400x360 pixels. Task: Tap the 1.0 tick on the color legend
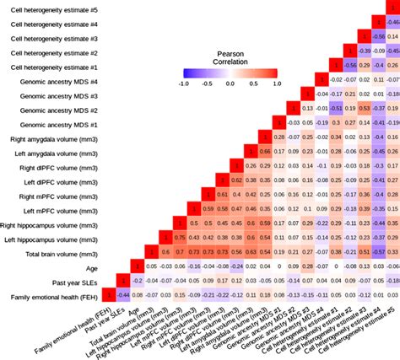point(275,83)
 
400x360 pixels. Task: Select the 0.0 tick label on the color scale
point(230,83)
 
